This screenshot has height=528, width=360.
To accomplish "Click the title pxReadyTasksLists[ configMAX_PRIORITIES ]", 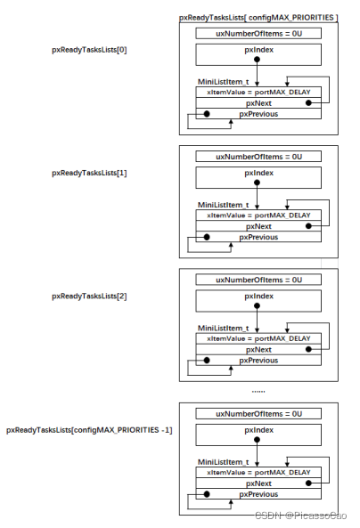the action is point(258,18).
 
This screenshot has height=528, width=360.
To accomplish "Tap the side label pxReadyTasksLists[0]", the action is point(89,50).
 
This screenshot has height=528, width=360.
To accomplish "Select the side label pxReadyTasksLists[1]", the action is point(89,173).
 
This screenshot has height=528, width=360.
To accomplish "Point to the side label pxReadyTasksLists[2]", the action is point(89,296).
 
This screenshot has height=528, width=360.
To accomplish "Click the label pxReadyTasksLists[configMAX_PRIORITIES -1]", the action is point(89,430).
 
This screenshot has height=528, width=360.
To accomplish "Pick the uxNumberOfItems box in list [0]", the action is point(258,33).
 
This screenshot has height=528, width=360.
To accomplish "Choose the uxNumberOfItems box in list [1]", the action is point(258,157).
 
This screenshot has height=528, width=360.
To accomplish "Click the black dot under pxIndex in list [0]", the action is point(257,60).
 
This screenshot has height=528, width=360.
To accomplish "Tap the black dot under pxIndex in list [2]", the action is point(257,305).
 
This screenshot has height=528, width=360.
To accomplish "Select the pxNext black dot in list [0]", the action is point(308,103).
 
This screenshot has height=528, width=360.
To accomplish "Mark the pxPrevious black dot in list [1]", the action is point(207,237).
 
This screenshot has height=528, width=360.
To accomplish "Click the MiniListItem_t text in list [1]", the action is point(223,205).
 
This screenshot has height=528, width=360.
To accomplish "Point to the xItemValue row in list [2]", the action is point(258,338).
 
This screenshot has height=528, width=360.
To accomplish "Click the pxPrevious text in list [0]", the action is point(258,114).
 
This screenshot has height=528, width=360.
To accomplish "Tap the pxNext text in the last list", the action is point(258,483).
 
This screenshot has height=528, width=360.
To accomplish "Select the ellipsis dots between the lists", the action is point(258,392).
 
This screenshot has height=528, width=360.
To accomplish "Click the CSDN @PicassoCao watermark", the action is point(300,516).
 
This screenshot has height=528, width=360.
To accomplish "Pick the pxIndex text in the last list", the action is point(259,430).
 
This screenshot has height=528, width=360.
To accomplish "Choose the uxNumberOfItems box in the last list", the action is point(258,414).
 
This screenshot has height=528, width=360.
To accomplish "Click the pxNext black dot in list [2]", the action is point(308,349).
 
